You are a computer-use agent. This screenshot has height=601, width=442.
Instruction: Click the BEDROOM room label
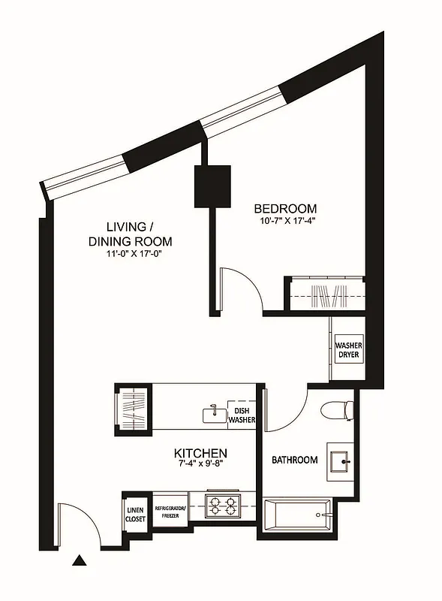(x=285, y=208)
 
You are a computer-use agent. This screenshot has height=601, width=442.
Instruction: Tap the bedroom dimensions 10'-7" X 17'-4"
(x=285, y=222)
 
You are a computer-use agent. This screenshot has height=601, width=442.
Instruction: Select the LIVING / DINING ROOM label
(x=130, y=234)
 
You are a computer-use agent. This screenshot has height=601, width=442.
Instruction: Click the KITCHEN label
(x=200, y=453)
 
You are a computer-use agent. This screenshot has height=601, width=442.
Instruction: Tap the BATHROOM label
(x=294, y=460)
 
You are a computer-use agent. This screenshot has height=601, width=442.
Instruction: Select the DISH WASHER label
(x=242, y=415)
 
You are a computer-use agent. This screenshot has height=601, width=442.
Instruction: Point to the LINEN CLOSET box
(x=135, y=513)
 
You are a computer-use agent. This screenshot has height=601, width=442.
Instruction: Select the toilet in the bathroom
(x=335, y=410)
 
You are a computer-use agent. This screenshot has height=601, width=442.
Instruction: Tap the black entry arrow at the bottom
(x=79, y=560)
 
